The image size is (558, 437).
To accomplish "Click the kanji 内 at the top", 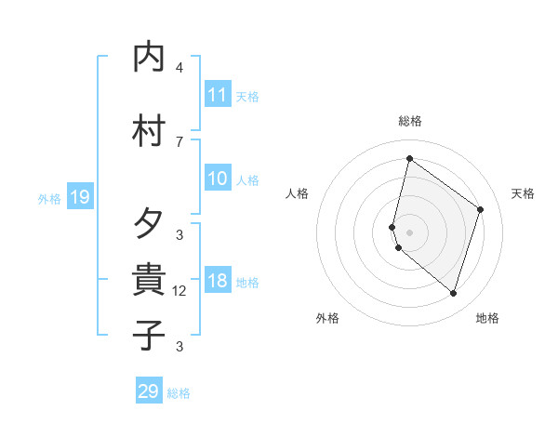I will (150, 59).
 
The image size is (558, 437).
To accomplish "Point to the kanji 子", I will (150, 335).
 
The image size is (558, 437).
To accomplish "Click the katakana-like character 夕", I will (150, 223).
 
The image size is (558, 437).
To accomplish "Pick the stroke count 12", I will (179, 291).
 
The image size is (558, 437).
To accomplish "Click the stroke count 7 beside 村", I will (179, 141).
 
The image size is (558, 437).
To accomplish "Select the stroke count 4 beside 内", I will (179, 68).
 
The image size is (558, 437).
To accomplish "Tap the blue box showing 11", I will (217, 95).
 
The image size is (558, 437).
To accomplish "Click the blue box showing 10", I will (217, 179).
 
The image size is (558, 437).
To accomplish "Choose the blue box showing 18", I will (217, 281).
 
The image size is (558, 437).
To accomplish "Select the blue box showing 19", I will (79, 196).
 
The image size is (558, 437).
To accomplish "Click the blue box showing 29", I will (149, 391).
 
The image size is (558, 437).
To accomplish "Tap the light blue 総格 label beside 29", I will (179, 393).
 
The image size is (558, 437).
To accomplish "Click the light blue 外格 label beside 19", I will (49, 198).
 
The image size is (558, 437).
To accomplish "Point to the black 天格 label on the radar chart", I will (523, 193).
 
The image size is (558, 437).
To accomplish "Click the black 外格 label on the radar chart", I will (327, 318).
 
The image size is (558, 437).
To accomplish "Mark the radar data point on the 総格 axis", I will (409, 159).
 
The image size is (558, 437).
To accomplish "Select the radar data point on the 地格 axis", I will (453, 294).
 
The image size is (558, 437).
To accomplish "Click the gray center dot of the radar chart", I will (409, 232).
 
